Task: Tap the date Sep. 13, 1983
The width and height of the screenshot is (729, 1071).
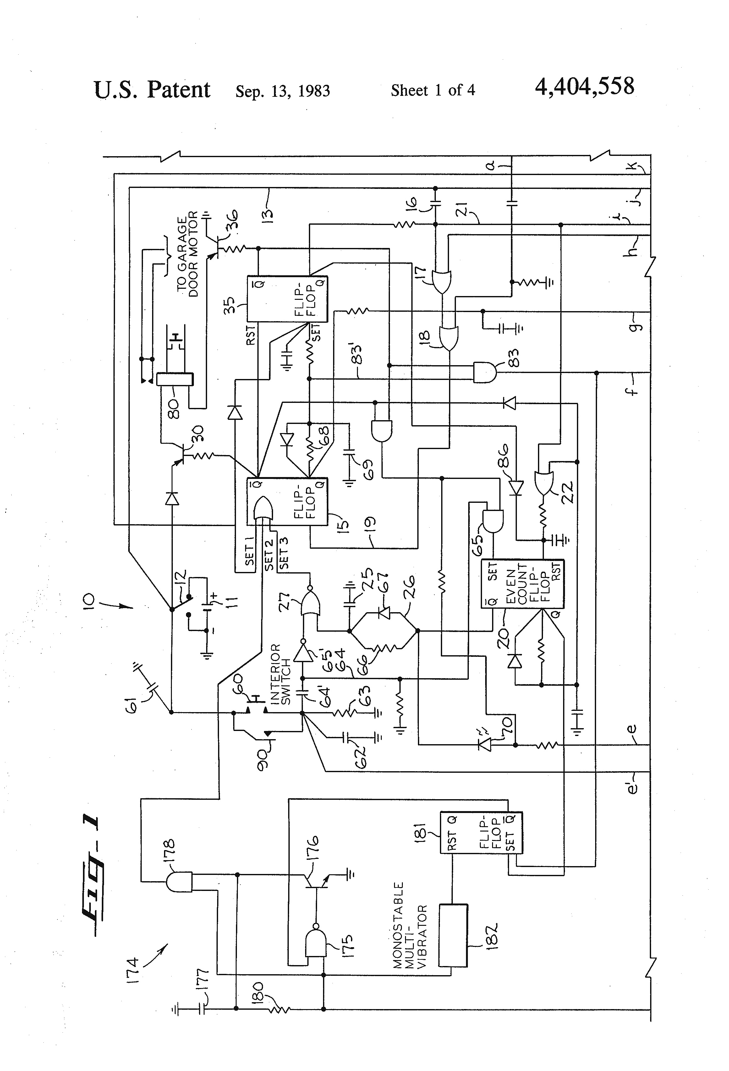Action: tap(282, 91)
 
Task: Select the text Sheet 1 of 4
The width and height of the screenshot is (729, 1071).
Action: tap(433, 90)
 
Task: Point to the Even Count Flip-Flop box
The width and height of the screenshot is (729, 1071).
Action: tap(522, 584)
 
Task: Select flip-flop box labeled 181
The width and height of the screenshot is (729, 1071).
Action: tap(481, 832)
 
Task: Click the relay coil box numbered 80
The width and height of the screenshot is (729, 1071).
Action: tap(175, 379)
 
